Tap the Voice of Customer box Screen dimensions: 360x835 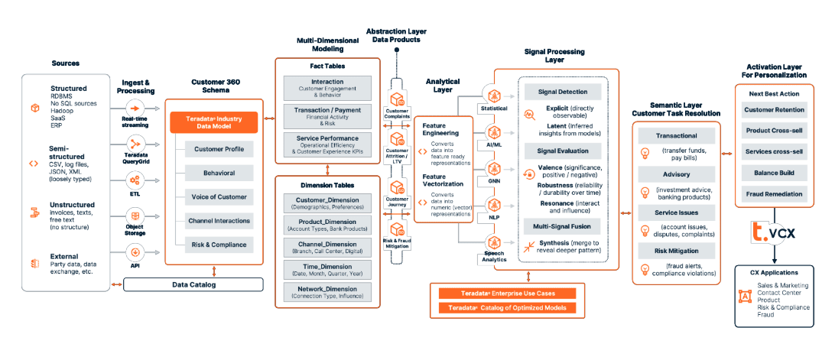(x=218, y=196)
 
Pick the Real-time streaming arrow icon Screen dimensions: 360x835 (x=135, y=108)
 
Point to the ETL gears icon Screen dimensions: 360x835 (x=135, y=180)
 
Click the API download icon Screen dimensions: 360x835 (x=135, y=251)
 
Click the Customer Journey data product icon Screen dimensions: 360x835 (x=398, y=187)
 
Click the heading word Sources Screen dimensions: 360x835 (x=66, y=63)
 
